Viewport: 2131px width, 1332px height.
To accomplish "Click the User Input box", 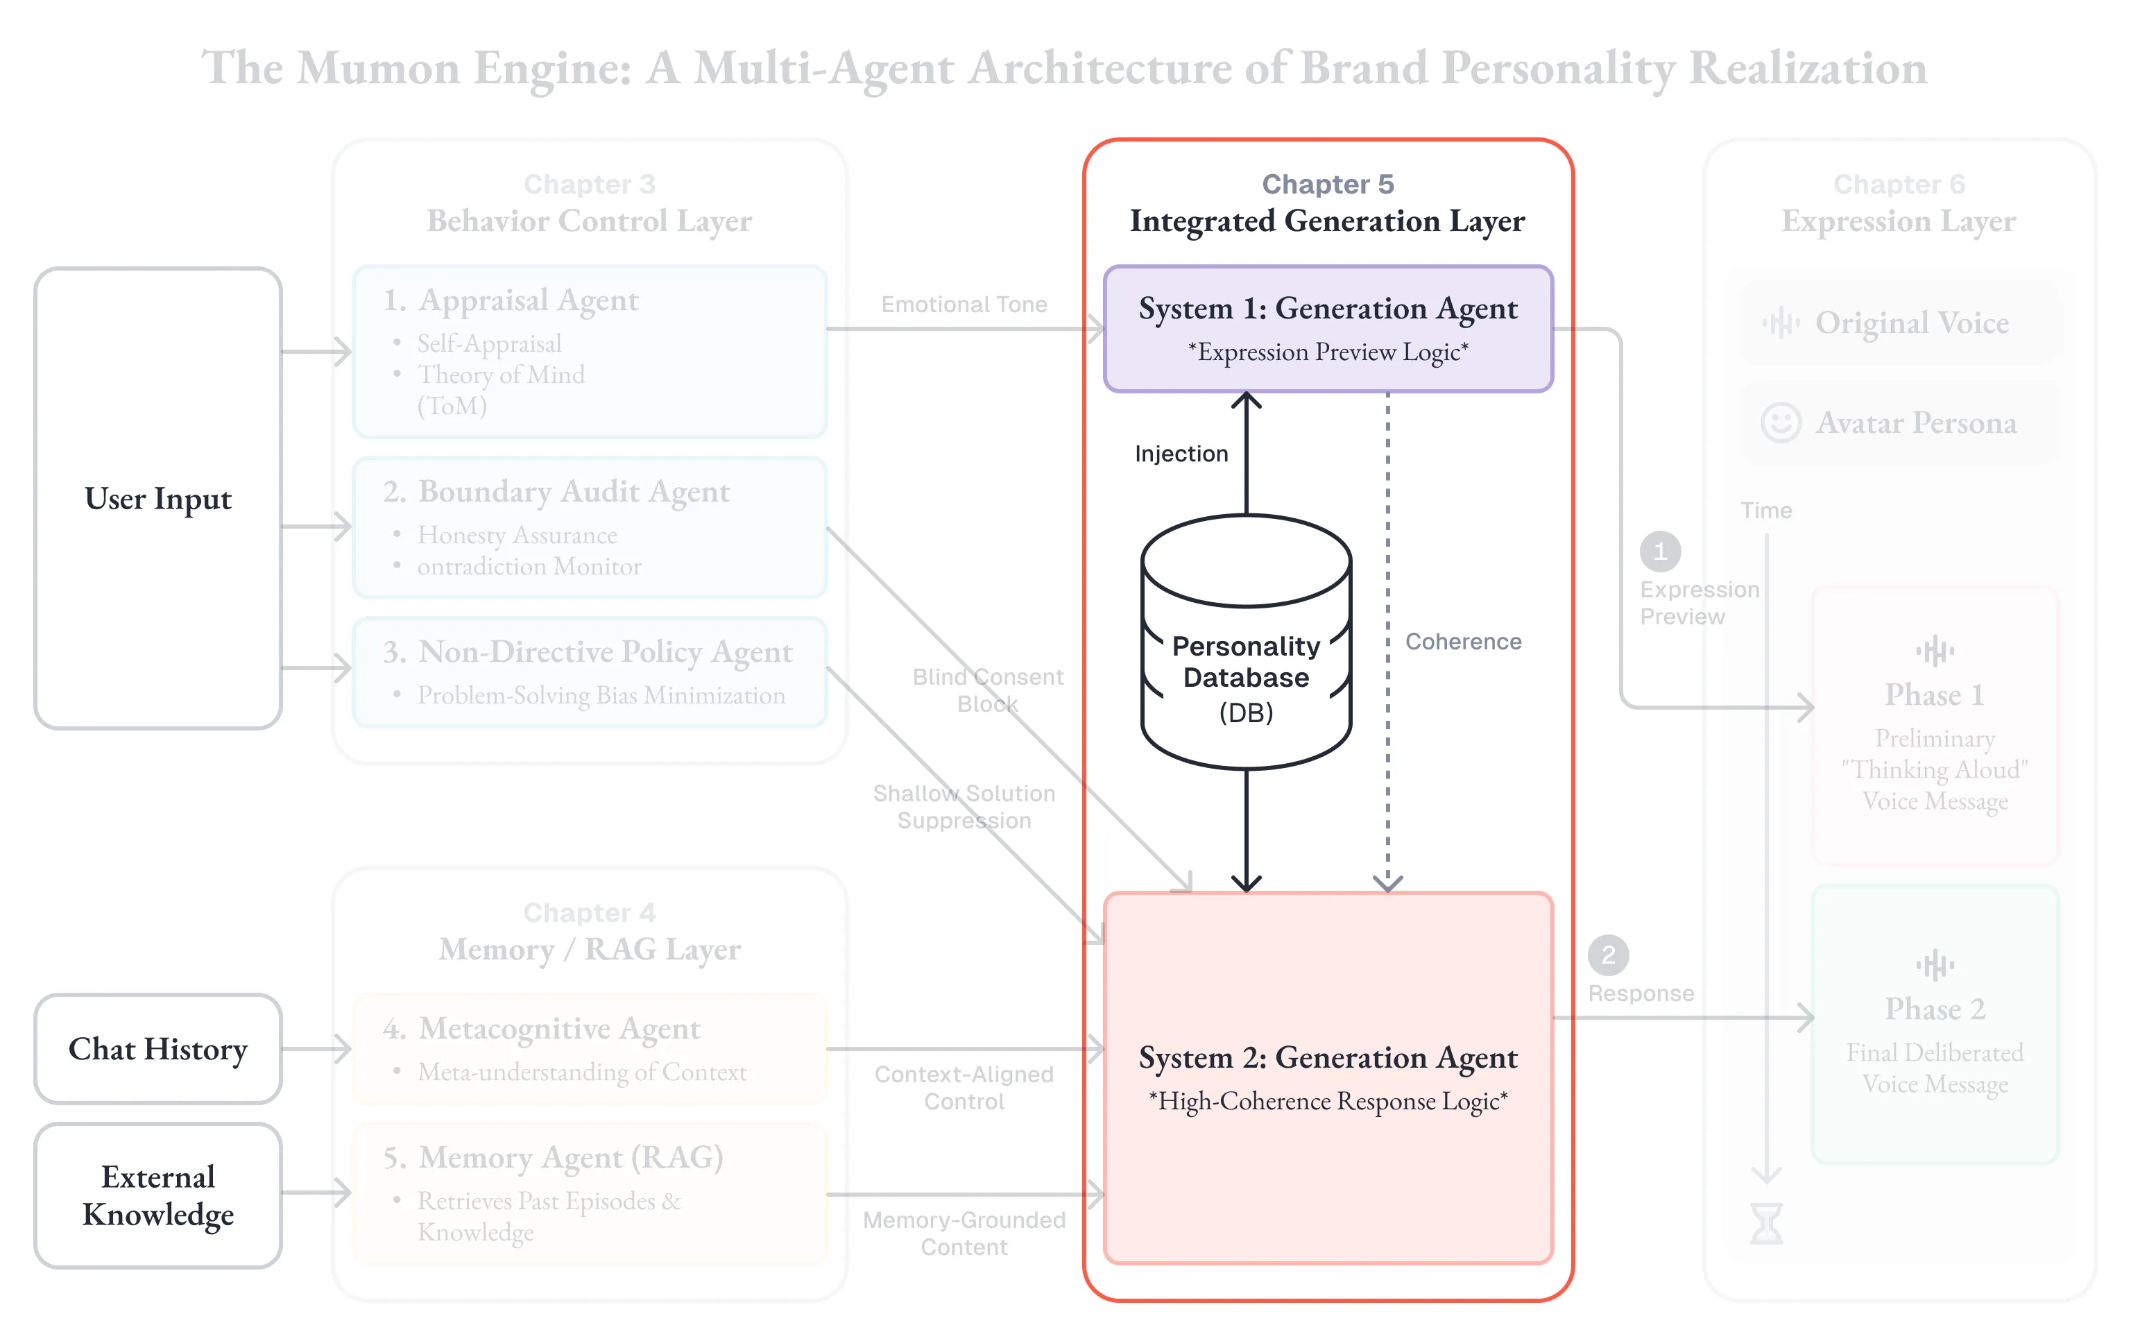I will click(x=157, y=499).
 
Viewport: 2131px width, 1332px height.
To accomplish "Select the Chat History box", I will click(x=157, y=1048).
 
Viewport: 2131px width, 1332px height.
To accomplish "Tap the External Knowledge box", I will click(x=157, y=1195).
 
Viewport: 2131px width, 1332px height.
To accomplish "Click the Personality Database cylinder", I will click(x=1245, y=643).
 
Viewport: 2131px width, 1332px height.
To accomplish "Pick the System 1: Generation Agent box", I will click(x=1327, y=327).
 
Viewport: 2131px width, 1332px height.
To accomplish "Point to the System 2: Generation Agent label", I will click(x=1327, y=1057).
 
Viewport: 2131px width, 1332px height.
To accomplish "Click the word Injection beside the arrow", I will click(x=1181, y=454).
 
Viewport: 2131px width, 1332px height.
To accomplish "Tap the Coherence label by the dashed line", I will click(x=1463, y=641).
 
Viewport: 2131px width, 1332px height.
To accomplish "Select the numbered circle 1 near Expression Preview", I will click(x=1660, y=552).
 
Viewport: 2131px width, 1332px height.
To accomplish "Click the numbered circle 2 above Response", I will click(x=1608, y=955).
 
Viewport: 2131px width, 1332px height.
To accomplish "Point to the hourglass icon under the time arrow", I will click(x=1765, y=1224).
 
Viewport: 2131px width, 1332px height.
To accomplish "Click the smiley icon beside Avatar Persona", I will click(x=1780, y=423).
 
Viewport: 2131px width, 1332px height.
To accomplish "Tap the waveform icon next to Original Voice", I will click(x=1781, y=323).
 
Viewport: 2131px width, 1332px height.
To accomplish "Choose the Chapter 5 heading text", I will click(x=1327, y=184).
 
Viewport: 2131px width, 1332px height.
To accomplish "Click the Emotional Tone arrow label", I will click(x=964, y=305).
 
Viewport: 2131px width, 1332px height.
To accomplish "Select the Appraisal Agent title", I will click(x=529, y=300).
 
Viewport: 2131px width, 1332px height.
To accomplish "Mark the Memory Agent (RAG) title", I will click(x=571, y=1156).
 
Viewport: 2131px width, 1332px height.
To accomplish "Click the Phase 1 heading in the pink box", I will click(x=1934, y=695).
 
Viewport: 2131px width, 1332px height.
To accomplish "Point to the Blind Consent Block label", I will click(x=987, y=690).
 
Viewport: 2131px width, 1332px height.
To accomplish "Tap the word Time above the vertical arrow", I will click(x=1765, y=511).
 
